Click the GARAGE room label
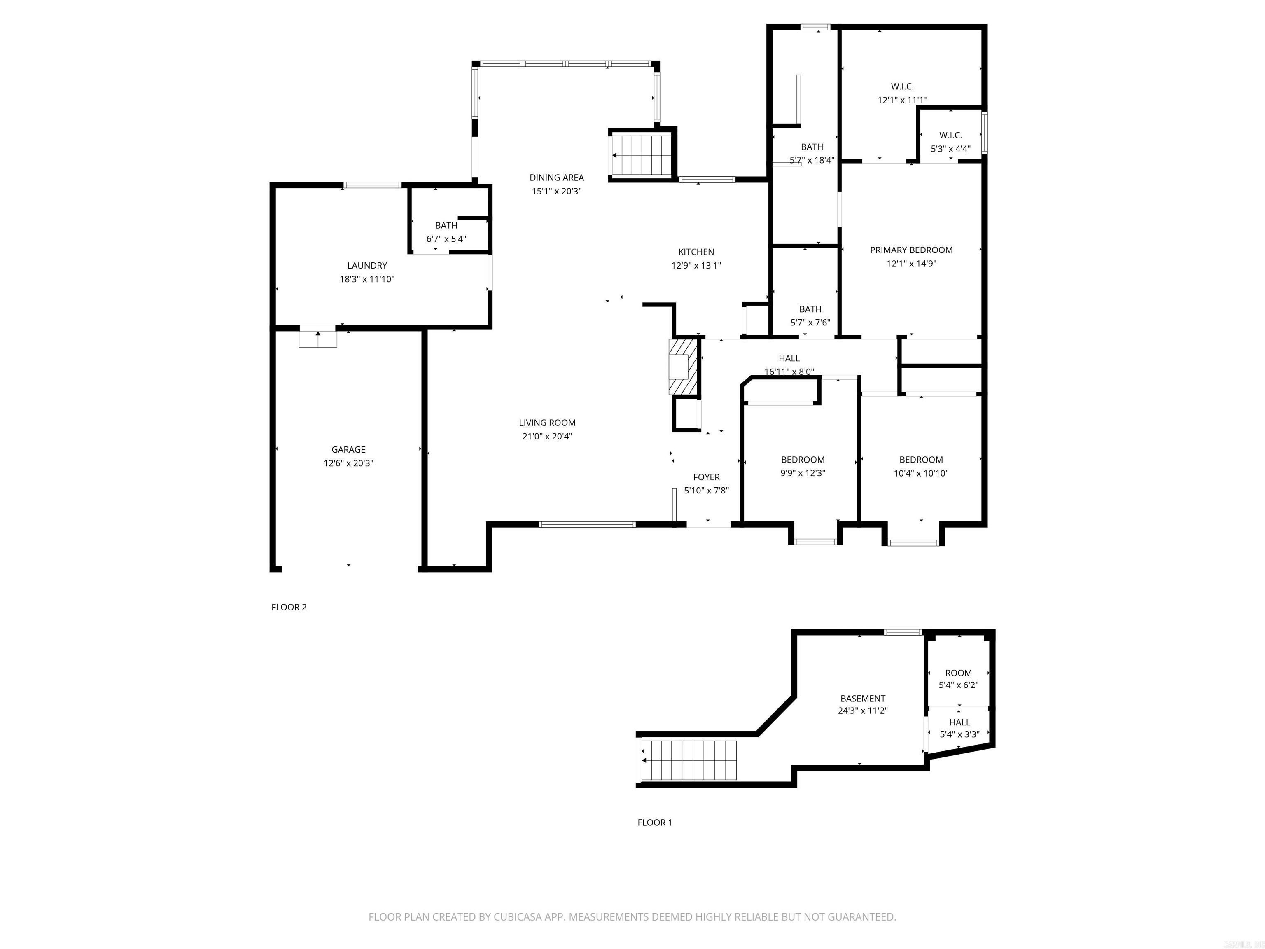pyautogui.click(x=348, y=450)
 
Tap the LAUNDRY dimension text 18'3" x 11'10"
pyautogui.click(x=367, y=279)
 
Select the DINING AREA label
pyautogui.click(x=556, y=178)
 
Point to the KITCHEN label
pyautogui.click(x=696, y=252)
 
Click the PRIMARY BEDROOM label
pyautogui.click(x=911, y=250)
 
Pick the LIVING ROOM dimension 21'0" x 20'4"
pyautogui.click(x=547, y=437)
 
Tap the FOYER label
pyautogui.click(x=706, y=477)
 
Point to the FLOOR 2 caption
pyautogui.click(x=289, y=607)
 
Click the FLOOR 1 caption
pyautogui.click(x=655, y=823)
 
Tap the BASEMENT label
pyautogui.click(x=862, y=699)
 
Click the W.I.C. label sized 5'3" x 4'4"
pyautogui.click(x=950, y=135)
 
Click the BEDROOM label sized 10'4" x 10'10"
pyautogui.click(x=921, y=460)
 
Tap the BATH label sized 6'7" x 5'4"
pyautogui.click(x=446, y=225)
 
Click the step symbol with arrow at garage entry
pyautogui.click(x=318, y=338)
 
